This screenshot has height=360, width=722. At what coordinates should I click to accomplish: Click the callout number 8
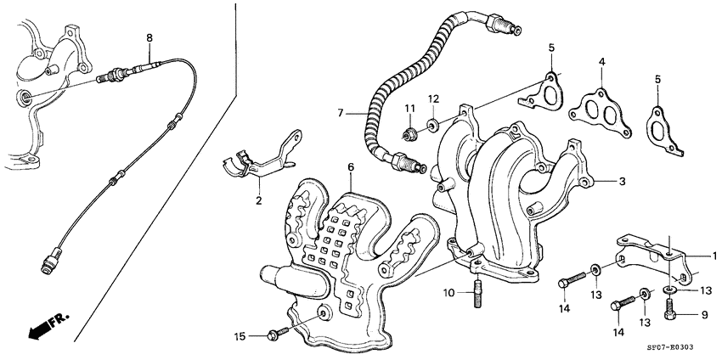point(149,37)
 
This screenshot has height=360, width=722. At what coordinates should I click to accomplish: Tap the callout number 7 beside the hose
point(340,112)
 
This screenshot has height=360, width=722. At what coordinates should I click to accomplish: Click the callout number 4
point(601,62)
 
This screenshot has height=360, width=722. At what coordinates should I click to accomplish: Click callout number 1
point(714,255)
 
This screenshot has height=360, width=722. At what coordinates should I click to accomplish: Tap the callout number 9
point(704,315)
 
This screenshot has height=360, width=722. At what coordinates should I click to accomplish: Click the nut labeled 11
point(410,132)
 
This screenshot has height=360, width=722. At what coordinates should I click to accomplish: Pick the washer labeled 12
point(432,127)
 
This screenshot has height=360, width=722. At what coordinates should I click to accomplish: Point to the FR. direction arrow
point(42,327)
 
